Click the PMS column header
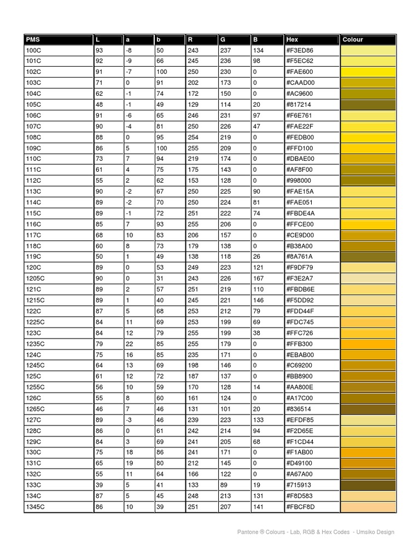coord(33,39)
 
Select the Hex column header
coord(292,39)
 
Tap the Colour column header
coord(353,39)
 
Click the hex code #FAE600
coord(299,72)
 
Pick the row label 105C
coord(33,104)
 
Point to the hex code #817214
coord(299,104)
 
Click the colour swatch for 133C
coord(368,485)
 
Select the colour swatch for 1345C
coord(368,507)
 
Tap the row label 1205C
coord(35,278)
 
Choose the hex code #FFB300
coord(299,344)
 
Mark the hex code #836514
coord(299,409)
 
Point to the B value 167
coord(259,278)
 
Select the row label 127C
coord(33,420)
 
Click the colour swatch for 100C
coord(368,50)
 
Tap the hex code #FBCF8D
coord(300,507)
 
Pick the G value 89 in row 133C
coord(224,485)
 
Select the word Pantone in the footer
coord(247,532)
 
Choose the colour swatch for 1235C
coord(368,344)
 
